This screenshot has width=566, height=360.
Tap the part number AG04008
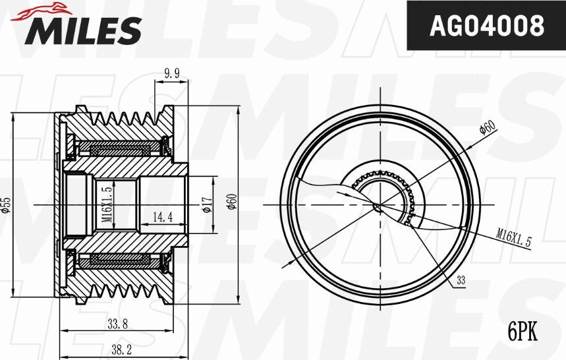(x=486, y=26)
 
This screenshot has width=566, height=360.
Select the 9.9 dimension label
(x=172, y=74)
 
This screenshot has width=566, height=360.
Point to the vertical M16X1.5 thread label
(x=107, y=206)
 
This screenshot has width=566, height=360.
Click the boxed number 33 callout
(x=461, y=281)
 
